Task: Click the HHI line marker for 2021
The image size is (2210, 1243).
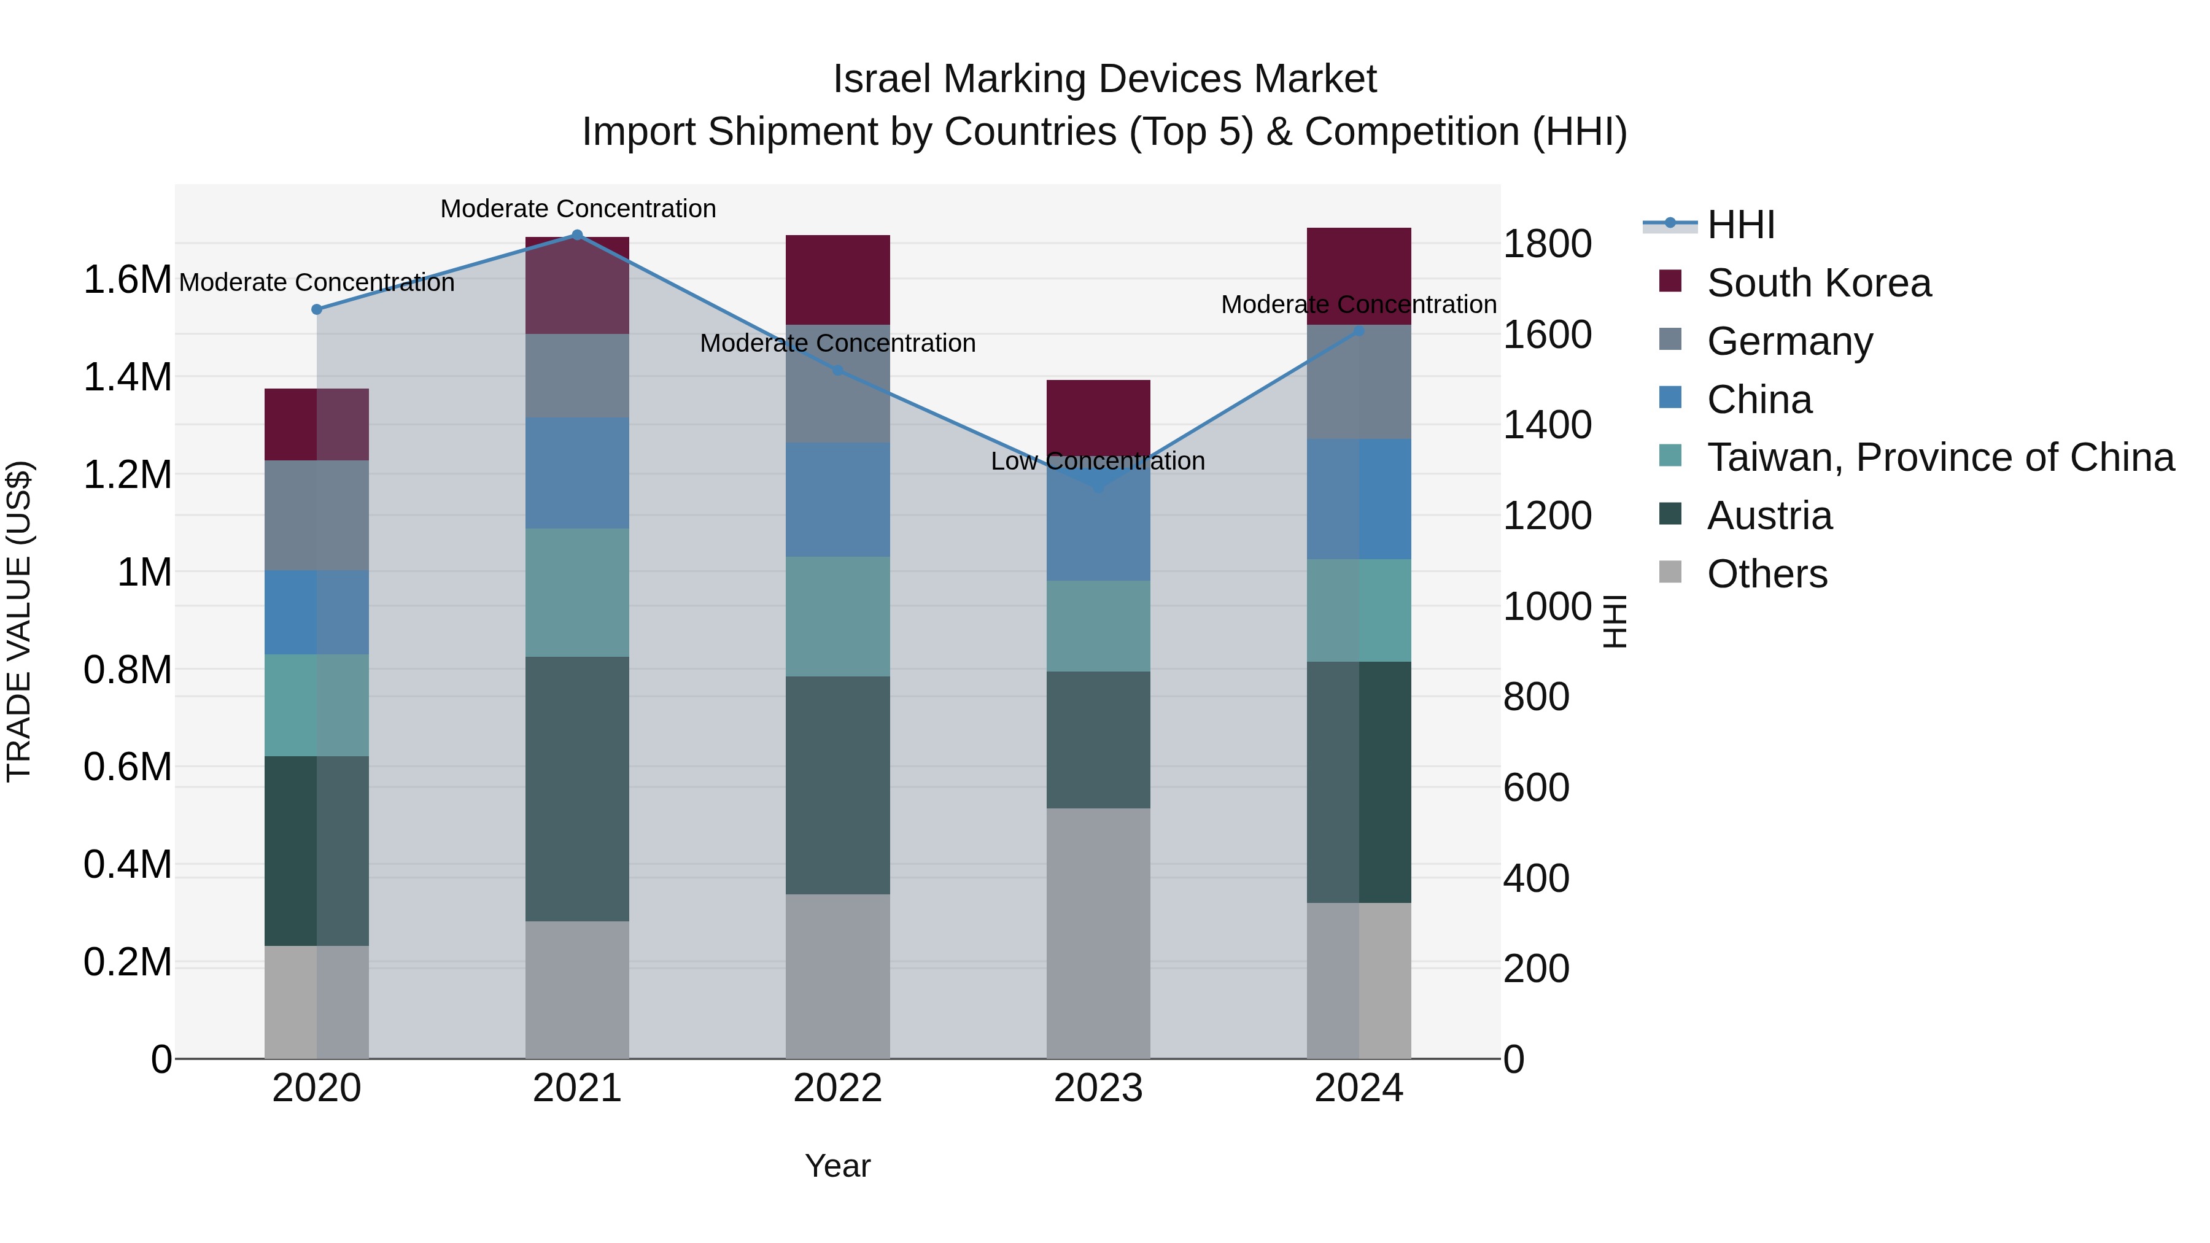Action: [x=578, y=235]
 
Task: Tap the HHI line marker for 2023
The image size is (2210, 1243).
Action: [x=1099, y=487]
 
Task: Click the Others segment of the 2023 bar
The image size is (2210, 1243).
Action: [x=1098, y=933]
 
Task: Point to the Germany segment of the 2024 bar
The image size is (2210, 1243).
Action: [x=1359, y=382]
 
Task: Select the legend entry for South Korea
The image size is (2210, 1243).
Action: [x=1819, y=283]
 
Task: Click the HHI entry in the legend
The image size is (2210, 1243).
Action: [x=1741, y=225]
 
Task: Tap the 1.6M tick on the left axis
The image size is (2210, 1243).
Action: [x=127, y=281]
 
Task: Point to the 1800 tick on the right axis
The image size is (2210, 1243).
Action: [x=1547, y=244]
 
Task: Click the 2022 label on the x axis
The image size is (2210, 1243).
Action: [x=838, y=1088]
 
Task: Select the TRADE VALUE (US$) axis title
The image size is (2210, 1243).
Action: [x=20, y=621]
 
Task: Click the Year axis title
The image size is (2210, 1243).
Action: [x=838, y=1166]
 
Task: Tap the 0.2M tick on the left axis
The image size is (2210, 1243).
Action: [x=127, y=962]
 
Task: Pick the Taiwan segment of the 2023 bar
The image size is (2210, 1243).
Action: [x=1098, y=625]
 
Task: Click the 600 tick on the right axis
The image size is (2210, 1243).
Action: [x=1536, y=788]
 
